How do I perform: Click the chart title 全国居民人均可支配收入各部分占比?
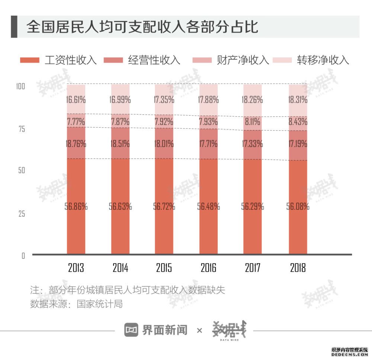coord(142,27)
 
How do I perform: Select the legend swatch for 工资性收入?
coord(29,60)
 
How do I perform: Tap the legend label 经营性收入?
coord(154,60)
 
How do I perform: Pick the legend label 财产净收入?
coord(243,60)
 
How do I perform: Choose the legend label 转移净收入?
coord(323,60)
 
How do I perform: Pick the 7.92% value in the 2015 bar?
coord(164,122)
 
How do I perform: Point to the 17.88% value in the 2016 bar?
coord(208,100)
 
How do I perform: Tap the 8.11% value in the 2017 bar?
coord(253,122)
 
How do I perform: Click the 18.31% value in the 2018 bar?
coord(298,100)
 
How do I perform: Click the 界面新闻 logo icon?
coord(131,330)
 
